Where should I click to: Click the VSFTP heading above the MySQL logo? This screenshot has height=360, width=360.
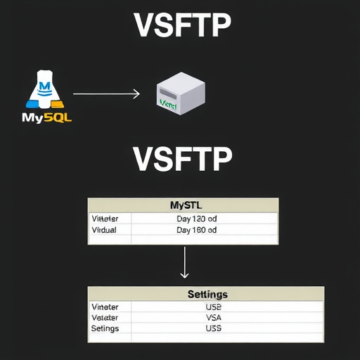pos(181,26)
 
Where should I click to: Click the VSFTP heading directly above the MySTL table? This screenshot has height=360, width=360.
pos(181,160)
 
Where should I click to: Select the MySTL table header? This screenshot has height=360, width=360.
pos(185,205)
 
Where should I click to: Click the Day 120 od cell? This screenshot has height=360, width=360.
pos(196,219)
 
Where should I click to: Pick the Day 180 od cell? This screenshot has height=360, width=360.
pos(196,230)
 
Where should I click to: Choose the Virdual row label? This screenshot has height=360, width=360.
pos(105,230)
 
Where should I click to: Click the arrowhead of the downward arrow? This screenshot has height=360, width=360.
pos(184,275)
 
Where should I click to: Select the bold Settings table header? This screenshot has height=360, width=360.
pos(207,294)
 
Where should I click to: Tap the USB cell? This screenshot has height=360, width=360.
pos(214,307)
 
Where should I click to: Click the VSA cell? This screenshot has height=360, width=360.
pos(214,317)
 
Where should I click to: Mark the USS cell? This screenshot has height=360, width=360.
pos(214,328)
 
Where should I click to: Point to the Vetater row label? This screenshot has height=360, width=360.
pos(105,317)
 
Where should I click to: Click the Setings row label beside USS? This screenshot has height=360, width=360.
pos(105,328)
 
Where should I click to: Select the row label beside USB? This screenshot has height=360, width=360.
pos(105,307)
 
